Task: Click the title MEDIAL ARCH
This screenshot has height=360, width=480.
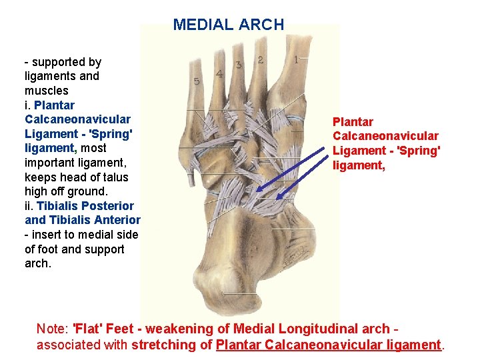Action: pyautogui.click(x=229, y=25)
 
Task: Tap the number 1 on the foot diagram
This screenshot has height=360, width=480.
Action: pyautogui.click(x=296, y=59)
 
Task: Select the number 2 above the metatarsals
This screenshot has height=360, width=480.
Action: pyautogui.click(x=260, y=60)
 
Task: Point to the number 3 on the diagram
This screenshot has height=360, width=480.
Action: pyautogui.click(x=239, y=65)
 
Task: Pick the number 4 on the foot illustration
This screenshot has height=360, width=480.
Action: pyautogui.click(x=219, y=73)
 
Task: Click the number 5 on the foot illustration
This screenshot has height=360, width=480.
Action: pyautogui.click(x=197, y=81)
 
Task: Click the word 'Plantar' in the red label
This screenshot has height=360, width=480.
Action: pyautogui.click(x=353, y=122)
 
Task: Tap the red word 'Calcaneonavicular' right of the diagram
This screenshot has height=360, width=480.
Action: pyautogui.click(x=385, y=137)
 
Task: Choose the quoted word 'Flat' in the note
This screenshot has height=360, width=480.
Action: pyautogui.click(x=89, y=329)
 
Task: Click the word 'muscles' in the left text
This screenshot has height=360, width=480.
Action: pyautogui.click(x=47, y=90)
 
